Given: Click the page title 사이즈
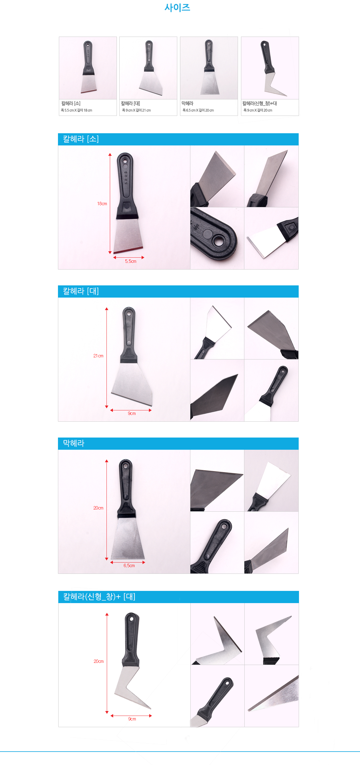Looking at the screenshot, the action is tap(177, 8).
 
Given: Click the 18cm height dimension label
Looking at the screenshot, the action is tap(102, 204).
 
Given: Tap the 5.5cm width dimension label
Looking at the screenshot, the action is tap(131, 261).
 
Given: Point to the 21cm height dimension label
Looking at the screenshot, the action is tap(98, 356).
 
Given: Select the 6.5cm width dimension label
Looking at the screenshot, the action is tap(129, 566).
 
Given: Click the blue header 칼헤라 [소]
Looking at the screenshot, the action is tap(81, 139).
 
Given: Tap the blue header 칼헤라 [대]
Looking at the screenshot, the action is tap(81, 291).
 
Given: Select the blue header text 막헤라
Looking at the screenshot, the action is tap(74, 443).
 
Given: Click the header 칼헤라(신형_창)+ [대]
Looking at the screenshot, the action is tap(99, 597).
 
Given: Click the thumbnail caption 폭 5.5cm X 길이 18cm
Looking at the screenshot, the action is tap(77, 110).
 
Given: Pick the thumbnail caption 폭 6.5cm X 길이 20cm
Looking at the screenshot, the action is tap(198, 110).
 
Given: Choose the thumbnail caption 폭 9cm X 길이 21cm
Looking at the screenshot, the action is tap(136, 110).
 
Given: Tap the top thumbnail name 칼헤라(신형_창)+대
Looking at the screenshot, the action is tap(260, 104).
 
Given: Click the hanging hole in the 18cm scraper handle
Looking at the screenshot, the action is tap(124, 159).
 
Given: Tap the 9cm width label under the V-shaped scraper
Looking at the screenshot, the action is tap(132, 719).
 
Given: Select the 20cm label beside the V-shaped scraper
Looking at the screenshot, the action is tap(99, 661).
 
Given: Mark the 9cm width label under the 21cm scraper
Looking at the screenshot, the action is tap(132, 413).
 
